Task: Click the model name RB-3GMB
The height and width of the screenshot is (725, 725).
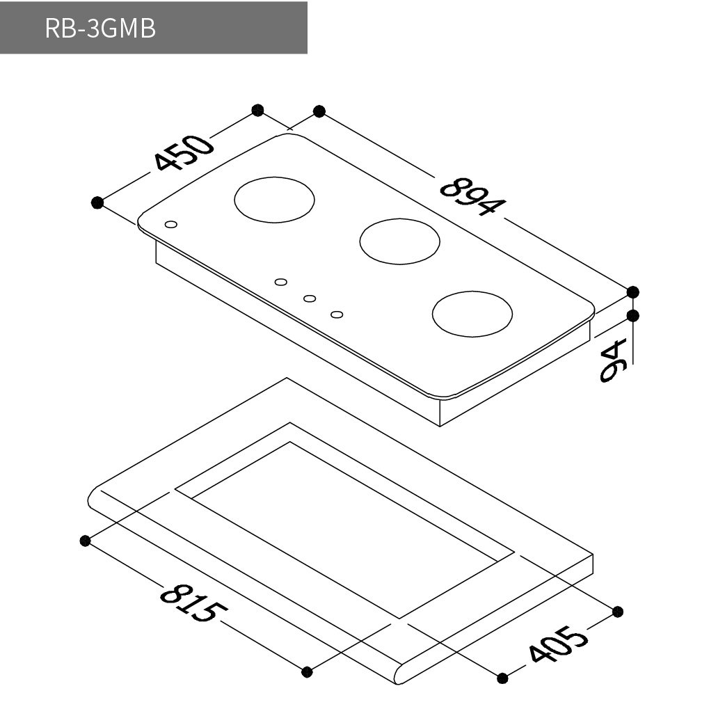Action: (x=100, y=29)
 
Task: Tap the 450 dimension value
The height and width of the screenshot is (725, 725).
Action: (x=184, y=152)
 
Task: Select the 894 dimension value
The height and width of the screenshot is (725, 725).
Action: (x=472, y=196)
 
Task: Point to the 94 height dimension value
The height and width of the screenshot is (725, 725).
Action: (x=613, y=360)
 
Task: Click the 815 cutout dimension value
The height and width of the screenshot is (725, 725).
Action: (x=193, y=603)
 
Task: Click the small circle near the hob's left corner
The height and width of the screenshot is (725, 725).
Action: (x=171, y=225)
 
